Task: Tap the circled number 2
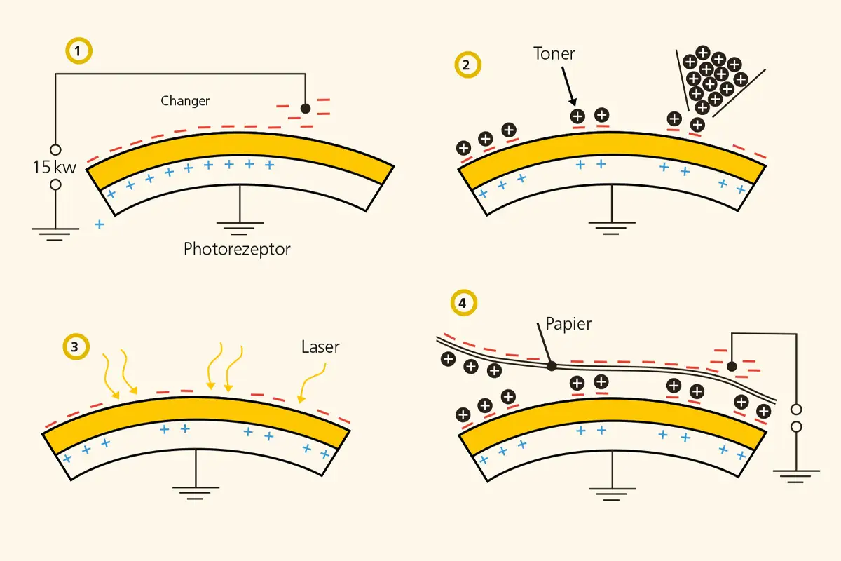pyautogui.click(x=466, y=65)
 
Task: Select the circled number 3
pyautogui.click(x=74, y=346)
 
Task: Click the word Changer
pyautogui.click(x=185, y=101)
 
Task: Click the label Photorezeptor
pyautogui.click(x=237, y=249)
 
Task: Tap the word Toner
pyautogui.click(x=554, y=54)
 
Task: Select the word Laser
pyautogui.click(x=320, y=346)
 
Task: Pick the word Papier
pyautogui.click(x=568, y=325)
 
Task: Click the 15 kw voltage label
pyautogui.click(x=54, y=168)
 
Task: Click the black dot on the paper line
pyautogui.click(x=552, y=365)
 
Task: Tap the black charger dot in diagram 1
pyautogui.click(x=305, y=109)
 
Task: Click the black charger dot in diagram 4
pyautogui.click(x=732, y=366)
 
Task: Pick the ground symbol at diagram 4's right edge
pyautogui.click(x=795, y=476)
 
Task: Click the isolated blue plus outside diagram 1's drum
pyautogui.click(x=100, y=224)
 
